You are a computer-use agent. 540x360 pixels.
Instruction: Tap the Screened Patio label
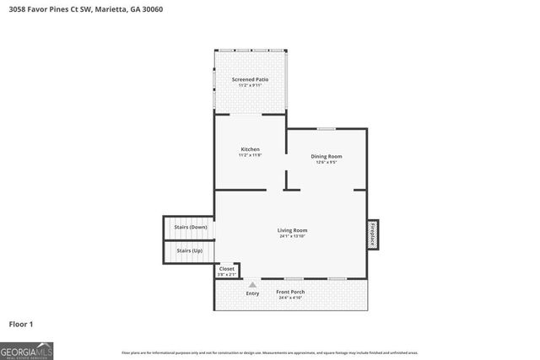point(250,79)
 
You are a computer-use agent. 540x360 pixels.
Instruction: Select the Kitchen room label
point(250,149)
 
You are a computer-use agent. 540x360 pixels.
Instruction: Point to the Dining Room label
point(326,156)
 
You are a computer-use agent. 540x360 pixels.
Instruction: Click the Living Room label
point(292,230)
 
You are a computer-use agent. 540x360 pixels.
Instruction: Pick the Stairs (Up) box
point(188,250)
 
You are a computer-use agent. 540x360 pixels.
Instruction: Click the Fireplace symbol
point(371,234)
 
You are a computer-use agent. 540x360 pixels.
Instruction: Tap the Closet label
point(226,269)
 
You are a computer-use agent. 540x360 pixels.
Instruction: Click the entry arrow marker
point(251,285)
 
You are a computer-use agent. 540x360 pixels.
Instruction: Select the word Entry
point(252,293)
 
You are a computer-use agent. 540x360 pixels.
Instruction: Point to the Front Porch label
point(290,292)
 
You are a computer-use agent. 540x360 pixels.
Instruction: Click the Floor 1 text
point(21,324)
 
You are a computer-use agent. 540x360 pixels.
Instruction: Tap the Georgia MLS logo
point(28,349)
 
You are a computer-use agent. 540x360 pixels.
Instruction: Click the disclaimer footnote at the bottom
point(269,352)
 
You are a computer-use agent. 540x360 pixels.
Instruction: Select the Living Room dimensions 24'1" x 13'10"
point(292,236)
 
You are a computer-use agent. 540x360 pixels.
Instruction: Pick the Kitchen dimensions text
point(250,155)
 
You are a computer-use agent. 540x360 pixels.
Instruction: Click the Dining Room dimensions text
point(326,162)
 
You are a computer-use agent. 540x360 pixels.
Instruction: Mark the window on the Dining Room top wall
point(326,128)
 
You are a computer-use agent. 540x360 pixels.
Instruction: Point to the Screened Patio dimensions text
point(250,85)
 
